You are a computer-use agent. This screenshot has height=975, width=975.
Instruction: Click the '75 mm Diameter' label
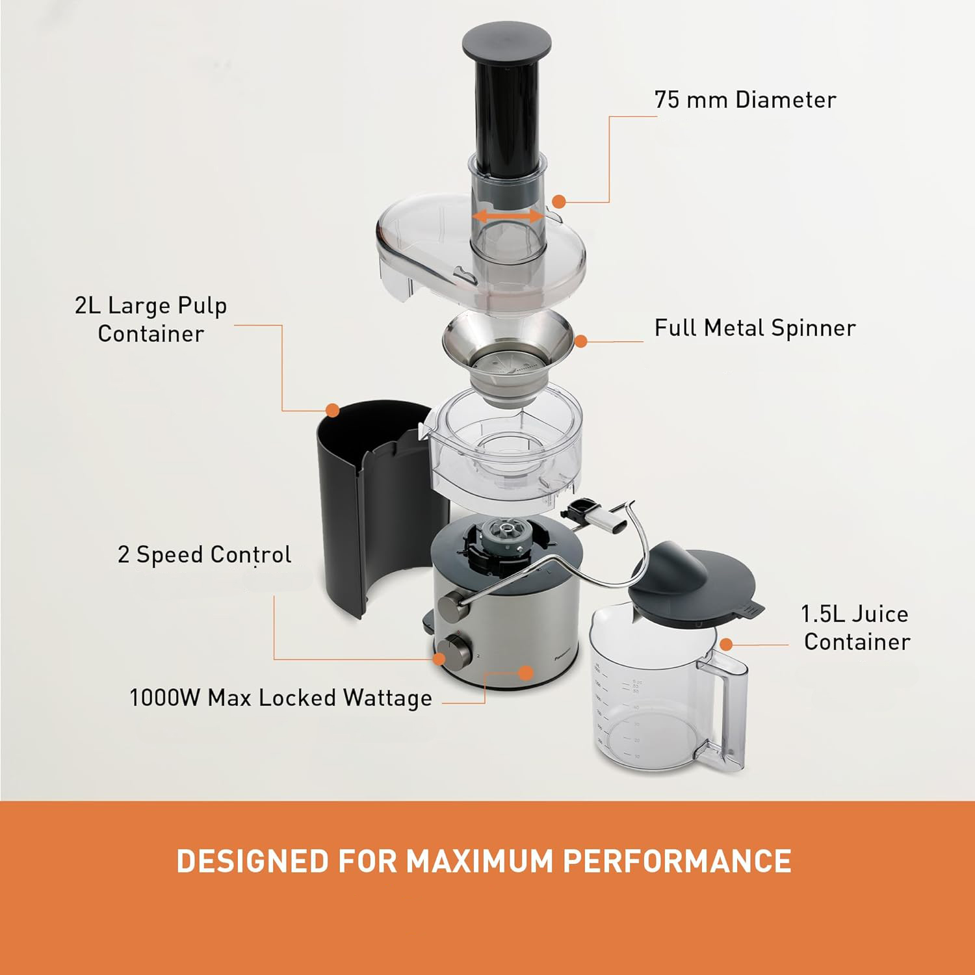[x=744, y=100]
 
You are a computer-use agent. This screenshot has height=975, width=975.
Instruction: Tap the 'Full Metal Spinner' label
[x=754, y=328]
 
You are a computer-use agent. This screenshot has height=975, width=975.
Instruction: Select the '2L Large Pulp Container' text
[x=151, y=319]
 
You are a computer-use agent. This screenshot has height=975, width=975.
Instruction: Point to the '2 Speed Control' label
[x=204, y=555]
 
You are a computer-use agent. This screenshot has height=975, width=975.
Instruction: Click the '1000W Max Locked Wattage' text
[x=281, y=698]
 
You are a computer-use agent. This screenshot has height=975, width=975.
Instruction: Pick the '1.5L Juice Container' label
[x=855, y=628]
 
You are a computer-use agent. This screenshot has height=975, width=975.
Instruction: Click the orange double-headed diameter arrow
[x=508, y=216]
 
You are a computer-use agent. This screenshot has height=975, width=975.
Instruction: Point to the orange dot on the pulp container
[x=333, y=410]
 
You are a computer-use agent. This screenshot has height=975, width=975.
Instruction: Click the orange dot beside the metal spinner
[x=581, y=340]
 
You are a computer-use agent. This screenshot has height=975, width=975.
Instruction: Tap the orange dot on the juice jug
[x=727, y=644]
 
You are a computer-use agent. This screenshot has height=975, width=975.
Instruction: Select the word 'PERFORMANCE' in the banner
[x=677, y=861]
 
